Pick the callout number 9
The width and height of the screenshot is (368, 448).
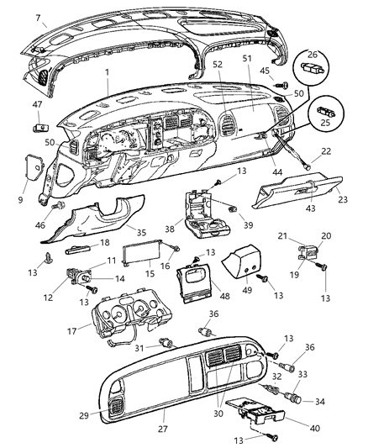(20, 177)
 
